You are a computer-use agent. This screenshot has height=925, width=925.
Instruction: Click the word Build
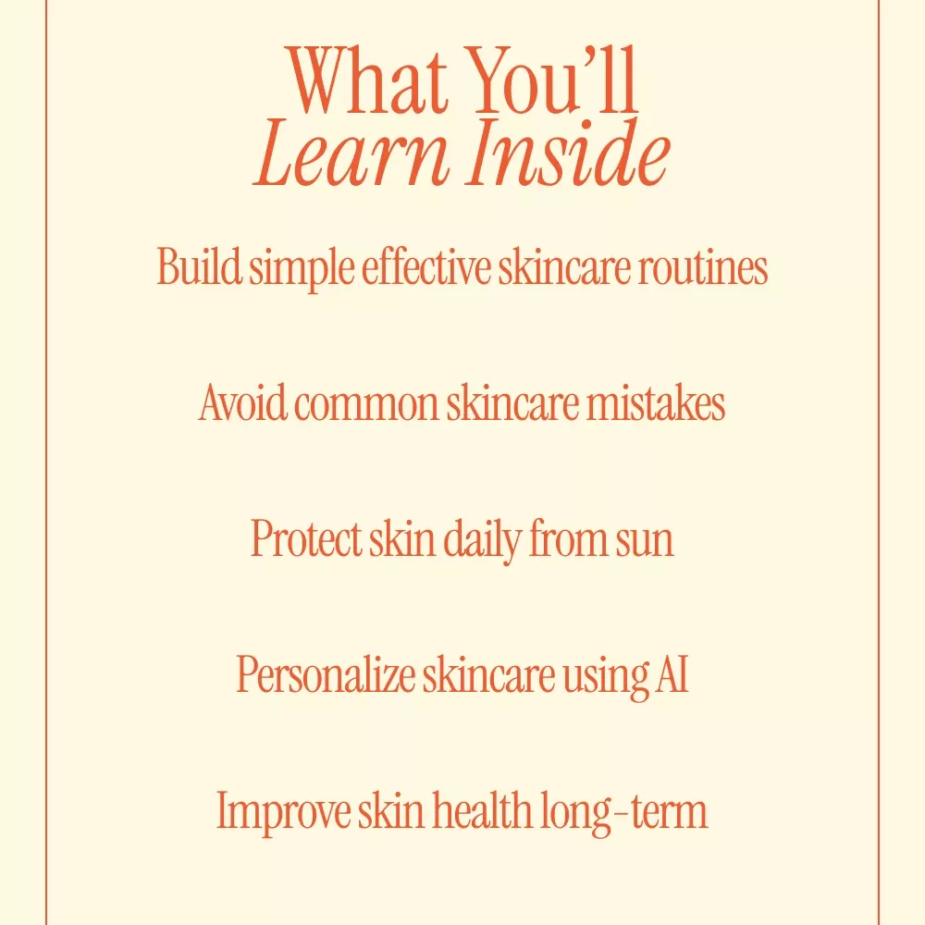(x=199, y=266)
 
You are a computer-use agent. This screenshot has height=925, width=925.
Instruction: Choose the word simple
(x=302, y=270)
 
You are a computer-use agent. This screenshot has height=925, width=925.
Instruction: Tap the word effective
(x=425, y=266)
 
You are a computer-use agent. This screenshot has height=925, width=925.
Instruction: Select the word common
(x=366, y=406)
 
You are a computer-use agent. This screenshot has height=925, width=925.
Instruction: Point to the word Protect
(x=306, y=539)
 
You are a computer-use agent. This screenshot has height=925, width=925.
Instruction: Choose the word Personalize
(x=325, y=674)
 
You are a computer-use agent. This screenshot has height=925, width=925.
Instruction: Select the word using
(x=605, y=678)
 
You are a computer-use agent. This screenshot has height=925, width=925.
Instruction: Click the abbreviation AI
(x=672, y=674)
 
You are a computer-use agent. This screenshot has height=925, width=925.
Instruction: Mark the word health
(x=482, y=809)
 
